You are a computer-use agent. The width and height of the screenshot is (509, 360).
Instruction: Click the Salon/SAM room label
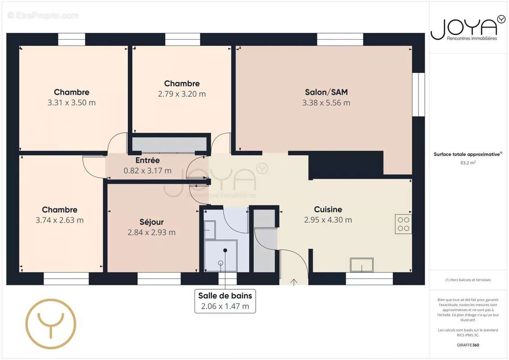tap(326, 92)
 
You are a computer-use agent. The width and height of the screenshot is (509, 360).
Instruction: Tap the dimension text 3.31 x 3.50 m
tap(72, 103)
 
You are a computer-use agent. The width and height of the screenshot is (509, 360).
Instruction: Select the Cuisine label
tap(328, 209)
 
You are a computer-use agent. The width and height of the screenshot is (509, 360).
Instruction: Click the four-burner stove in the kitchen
tap(403, 224)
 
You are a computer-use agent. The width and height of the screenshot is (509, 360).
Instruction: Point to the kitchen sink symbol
tap(362, 265)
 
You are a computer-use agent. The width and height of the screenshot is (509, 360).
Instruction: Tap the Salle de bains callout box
tap(225, 301)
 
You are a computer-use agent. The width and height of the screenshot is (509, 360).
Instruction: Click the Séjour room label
tap(152, 222)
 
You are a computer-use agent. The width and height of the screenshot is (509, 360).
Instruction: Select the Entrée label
tap(147, 160)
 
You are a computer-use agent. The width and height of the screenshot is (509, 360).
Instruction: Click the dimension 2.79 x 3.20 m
tap(182, 94)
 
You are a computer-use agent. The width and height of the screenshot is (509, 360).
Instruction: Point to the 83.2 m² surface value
tap(468, 162)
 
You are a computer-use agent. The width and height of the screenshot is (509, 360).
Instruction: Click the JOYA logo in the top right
tap(468, 28)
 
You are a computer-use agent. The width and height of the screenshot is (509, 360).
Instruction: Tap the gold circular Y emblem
tap(51, 324)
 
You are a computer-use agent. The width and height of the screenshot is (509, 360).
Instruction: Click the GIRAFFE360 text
tap(468, 345)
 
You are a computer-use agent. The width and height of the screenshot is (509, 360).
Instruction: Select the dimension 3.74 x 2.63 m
tap(59, 220)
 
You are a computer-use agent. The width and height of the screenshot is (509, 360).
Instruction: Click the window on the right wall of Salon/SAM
tap(419, 94)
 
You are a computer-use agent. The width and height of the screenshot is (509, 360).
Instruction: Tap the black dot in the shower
tap(225, 250)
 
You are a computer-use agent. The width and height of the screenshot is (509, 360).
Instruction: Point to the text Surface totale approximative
tap(467, 154)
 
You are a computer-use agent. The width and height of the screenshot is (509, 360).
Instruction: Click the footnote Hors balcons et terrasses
tap(468, 280)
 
